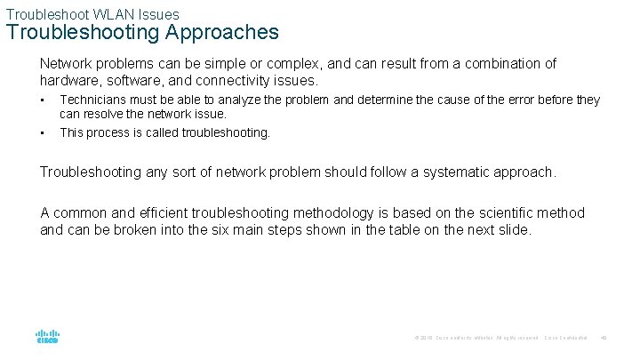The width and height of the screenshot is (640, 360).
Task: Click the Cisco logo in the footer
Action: click(x=47, y=337)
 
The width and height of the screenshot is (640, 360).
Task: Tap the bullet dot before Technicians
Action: click(x=43, y=100)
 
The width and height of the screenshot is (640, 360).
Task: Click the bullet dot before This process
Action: click(x=43, y=132)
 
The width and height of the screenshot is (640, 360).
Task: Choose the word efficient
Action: click(x=171, y=212)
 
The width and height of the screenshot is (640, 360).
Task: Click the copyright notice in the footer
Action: click(x=476, y=338)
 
